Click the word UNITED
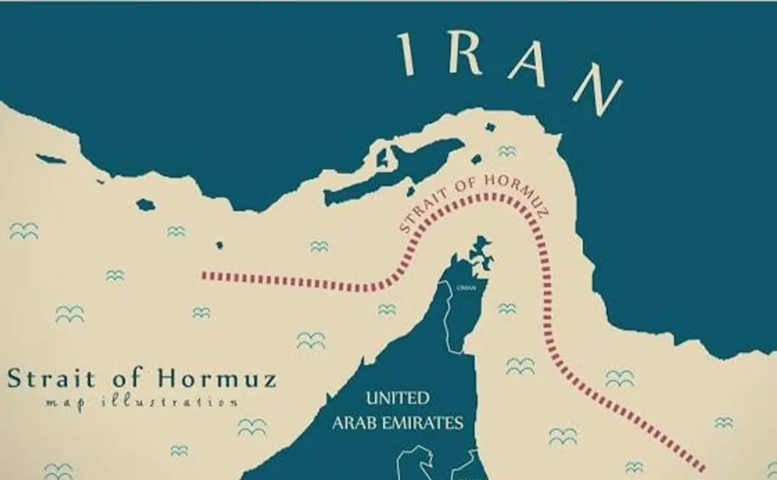(397, 399)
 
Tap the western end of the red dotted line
(204, 275)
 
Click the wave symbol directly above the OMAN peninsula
(507, 151)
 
